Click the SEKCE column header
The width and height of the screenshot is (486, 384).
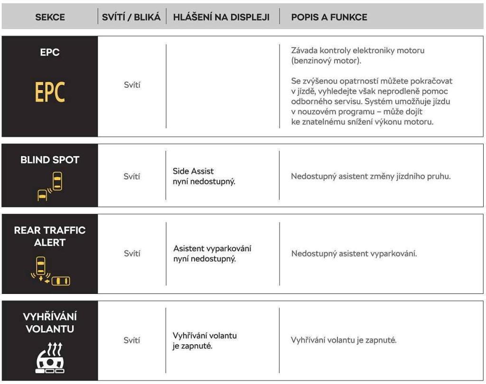pos(50,18)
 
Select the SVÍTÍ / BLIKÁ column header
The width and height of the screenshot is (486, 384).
pos(131,18)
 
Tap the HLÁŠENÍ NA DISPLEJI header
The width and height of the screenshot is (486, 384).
pos(221,18)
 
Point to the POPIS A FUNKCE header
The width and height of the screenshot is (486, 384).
pos(329,18)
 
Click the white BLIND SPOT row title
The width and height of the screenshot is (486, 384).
pos(50,160)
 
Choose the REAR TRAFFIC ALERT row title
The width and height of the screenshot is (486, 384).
pos(50,236)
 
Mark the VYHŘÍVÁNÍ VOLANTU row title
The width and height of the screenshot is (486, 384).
pos(50,322)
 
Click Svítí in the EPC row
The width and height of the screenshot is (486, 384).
pos(132,85)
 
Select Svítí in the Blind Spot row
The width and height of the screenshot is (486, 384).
pos(132,176)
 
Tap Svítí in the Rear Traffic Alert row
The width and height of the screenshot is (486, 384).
pos(132,254)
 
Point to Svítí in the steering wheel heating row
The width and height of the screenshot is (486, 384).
pos(132,340)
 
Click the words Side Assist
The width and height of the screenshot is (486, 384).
pos(193,171)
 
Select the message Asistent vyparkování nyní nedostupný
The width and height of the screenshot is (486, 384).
pos(212,254)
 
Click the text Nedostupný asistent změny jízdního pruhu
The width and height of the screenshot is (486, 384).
pos(370,177)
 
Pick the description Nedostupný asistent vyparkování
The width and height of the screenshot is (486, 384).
pos(354,254)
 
